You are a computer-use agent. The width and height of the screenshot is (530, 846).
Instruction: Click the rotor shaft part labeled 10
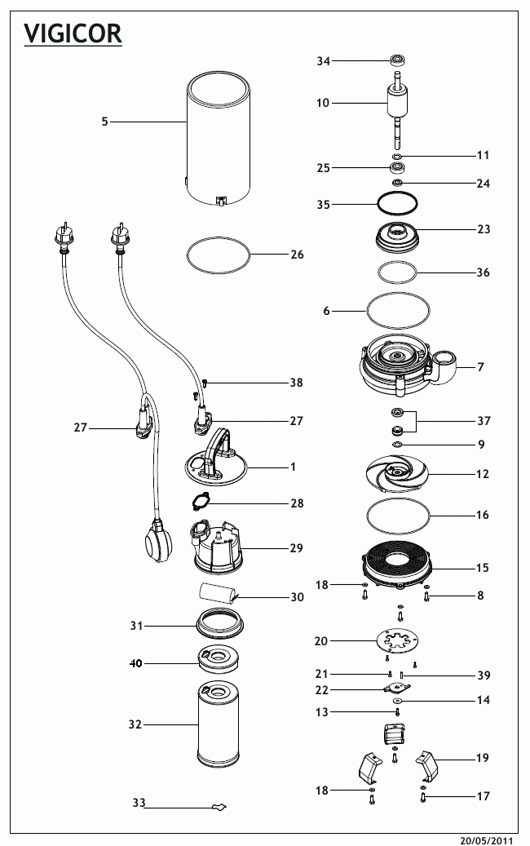pyautogui.click(x=397, y=106)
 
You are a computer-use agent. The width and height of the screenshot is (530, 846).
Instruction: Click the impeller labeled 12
pyautogui.click(x=397, y=472)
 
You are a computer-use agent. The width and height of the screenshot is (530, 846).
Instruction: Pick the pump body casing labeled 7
pyautogui.click(x=405, y=363)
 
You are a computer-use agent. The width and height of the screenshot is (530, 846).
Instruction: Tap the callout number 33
pyautogui.click(x=139, y=804)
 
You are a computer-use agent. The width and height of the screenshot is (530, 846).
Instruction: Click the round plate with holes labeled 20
pyautogui.click(x=397, y=641)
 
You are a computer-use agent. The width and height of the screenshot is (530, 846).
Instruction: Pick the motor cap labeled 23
pyautogui.click(x=397, y=237)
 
